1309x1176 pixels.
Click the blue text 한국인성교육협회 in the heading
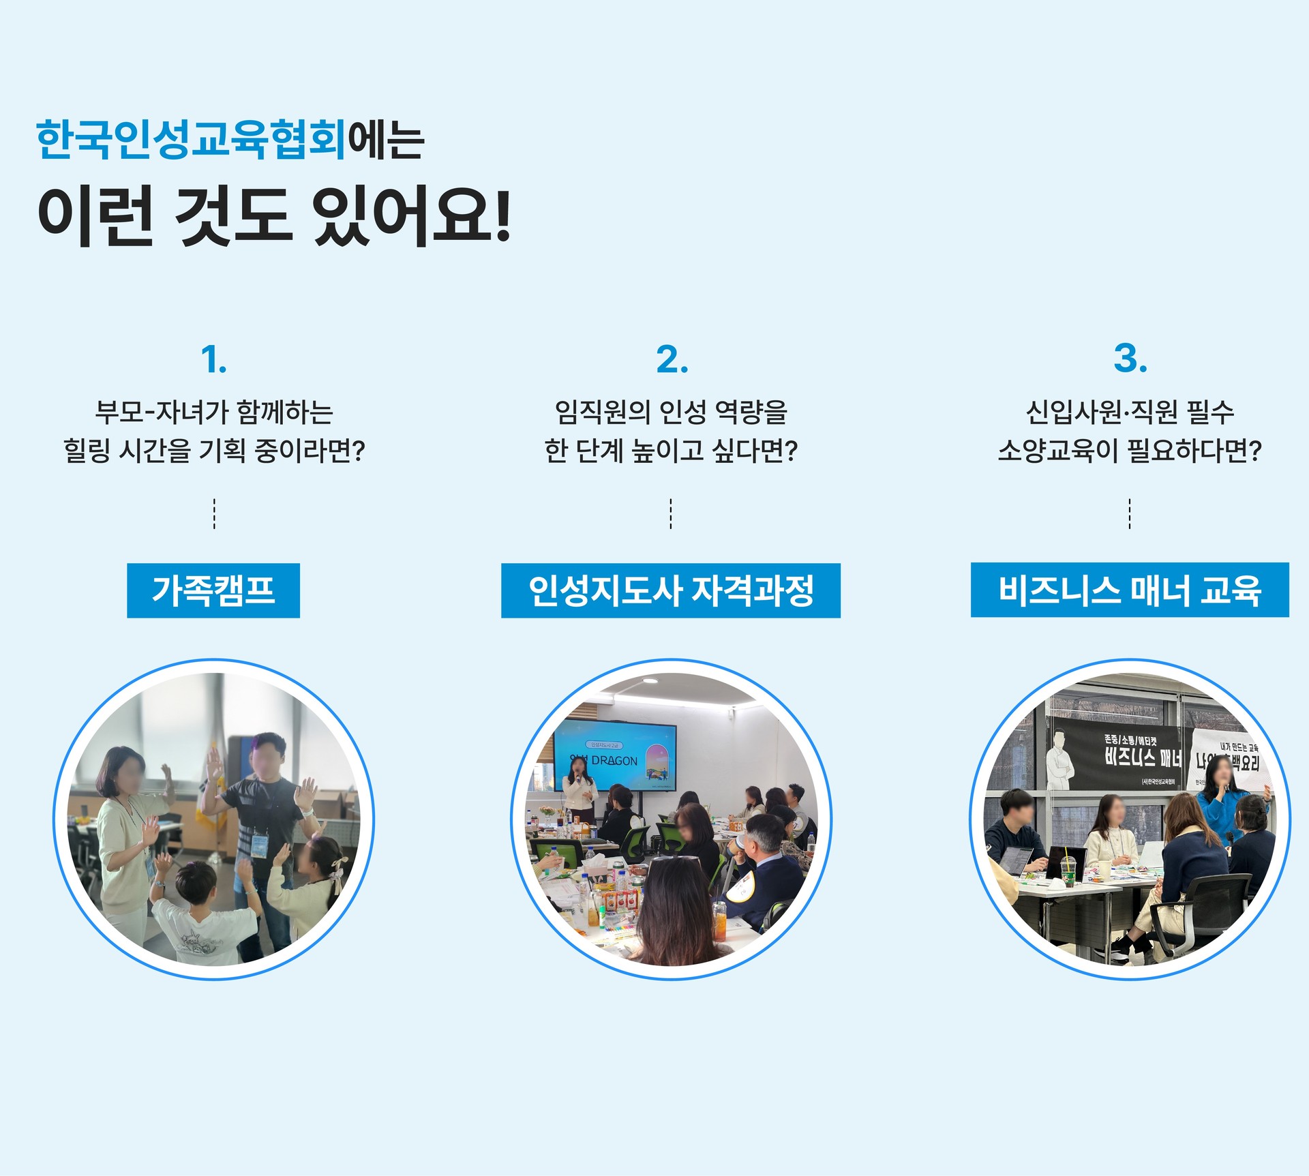click(191, 140)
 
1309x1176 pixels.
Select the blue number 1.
click(213, 359)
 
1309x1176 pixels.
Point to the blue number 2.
click(672, 359)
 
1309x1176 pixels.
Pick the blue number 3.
click(1130, 359)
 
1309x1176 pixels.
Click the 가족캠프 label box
click(213, 590)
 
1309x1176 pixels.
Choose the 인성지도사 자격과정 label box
click(671, 590)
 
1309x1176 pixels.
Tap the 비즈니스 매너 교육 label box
click(1130, 590)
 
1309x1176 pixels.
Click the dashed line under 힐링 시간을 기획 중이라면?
click(214, 513)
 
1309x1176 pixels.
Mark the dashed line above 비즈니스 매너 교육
click(1130, 513)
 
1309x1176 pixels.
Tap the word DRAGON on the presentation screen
click(614, 761)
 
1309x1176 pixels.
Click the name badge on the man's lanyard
click(260, 845)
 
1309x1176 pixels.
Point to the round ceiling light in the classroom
click(650, 680)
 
